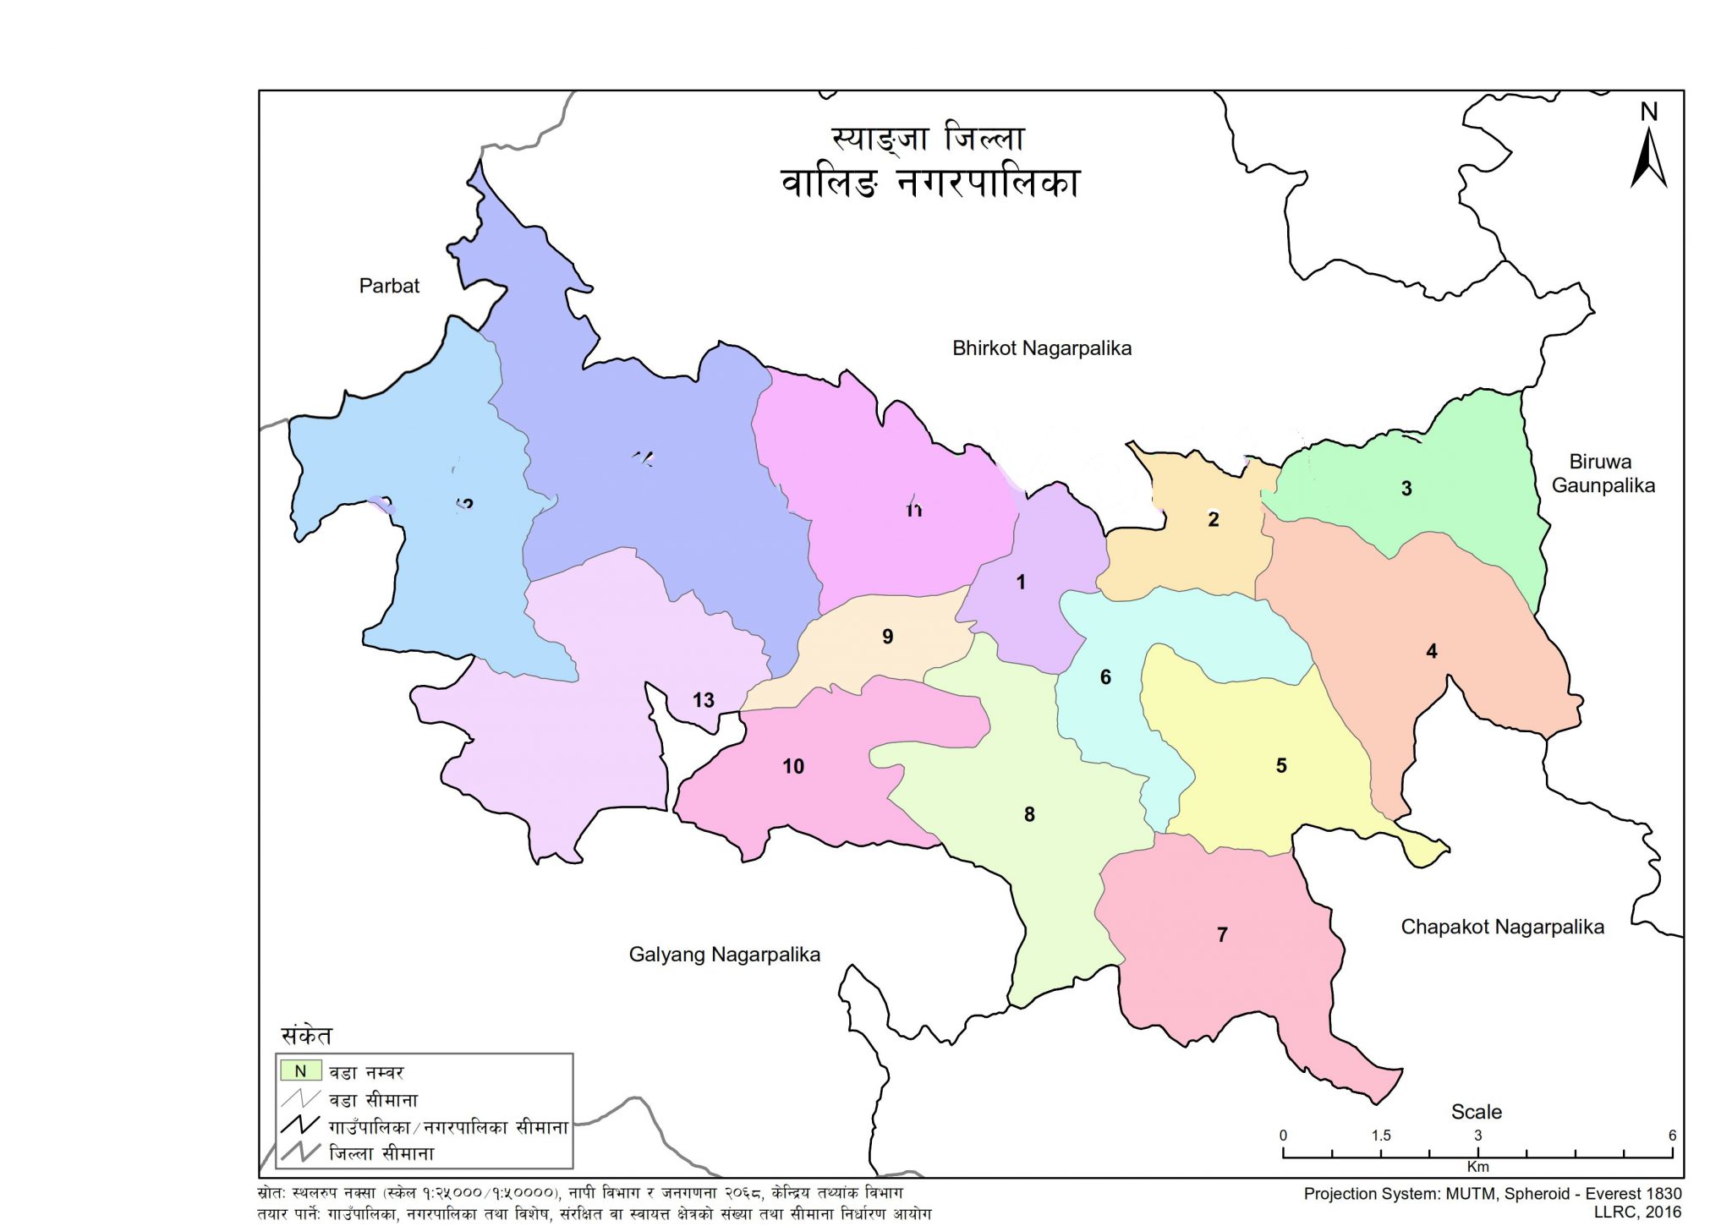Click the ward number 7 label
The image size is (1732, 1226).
coord(1222,934)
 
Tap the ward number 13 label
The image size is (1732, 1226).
coord(703,700)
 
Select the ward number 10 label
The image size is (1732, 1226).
coord(793,766)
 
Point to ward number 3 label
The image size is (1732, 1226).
coord(1406,489)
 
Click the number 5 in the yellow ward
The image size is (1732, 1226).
coord(1281,765)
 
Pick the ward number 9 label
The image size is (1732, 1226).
coord(887,637)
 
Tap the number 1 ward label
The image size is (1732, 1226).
coord(1021,582)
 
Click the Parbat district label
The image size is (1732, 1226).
coord(389,286)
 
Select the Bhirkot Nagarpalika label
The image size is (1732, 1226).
coord(1042,348)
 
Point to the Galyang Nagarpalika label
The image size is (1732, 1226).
coord(724,955)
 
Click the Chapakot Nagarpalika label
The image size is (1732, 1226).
coord(1502,927)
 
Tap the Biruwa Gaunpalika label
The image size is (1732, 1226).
coord(1603,473)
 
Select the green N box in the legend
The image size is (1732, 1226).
coord(300,1071)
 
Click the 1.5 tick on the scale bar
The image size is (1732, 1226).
coord(1380,1136)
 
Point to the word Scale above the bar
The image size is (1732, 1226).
coord(1477,1112)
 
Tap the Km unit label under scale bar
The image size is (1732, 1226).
coord(1477,1167)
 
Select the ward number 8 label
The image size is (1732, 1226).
coord(1029,814)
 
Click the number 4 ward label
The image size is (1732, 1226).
coord(1431,651)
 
